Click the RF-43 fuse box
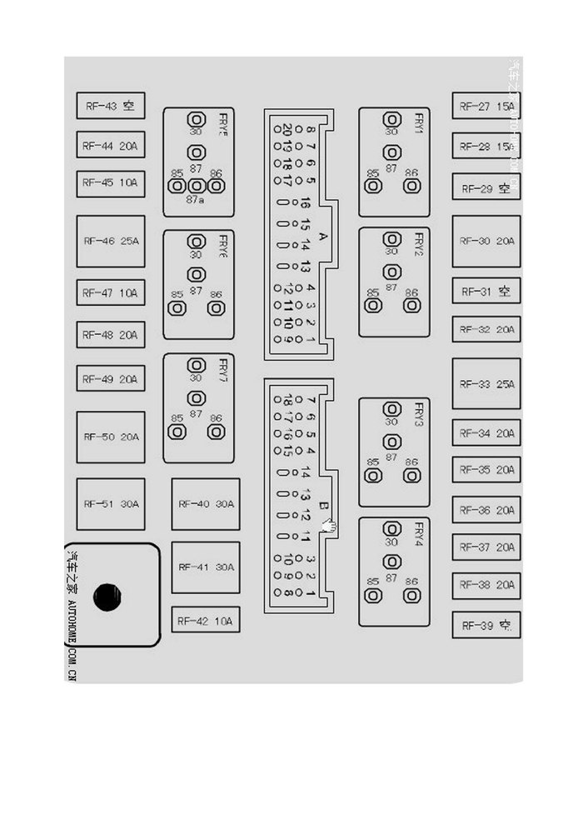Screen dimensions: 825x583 pyautogui.click(x=111, y=106)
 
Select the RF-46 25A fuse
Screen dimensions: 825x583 pyautogui.click(x=111, y=241)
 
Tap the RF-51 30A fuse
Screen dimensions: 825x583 pyautogui.click(x=111, y=504)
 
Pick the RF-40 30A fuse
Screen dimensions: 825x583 pyautogui.click(x=206, y=504)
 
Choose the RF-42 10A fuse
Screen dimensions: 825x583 pyautogui.click(x=206, y=621)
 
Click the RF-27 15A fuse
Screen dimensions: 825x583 pyautogui.click(x=486, y=106)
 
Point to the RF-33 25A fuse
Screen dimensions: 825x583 pyautogui.click(x=486, y=384)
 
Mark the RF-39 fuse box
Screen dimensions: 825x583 pyautogui.click(x=486, y=625)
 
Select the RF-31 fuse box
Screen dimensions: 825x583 pyautogui.click(x=486, y=291)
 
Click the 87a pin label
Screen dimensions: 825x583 pyautogui.click(x=196, y=200)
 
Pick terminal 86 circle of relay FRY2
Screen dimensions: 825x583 pyautogui.click(x=411, y=305)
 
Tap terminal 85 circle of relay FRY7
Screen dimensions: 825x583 pyautogui.click(x=177, y=432)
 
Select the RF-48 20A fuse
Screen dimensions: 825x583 pyautogui.click(x=111, y=335)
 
